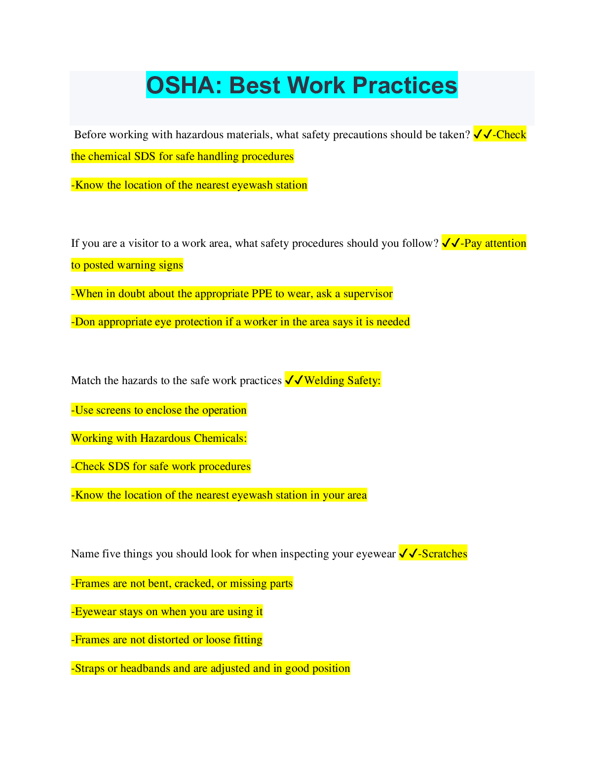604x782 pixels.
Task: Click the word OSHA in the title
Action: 184,85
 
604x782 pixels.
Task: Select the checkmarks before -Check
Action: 483,135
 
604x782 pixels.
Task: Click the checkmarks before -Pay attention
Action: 451,243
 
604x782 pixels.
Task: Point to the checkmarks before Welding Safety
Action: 294,380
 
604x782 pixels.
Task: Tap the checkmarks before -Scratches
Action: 408,553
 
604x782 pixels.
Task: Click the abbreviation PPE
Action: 262,294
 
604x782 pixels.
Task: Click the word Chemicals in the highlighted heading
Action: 221,438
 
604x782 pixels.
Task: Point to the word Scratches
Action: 445,553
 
